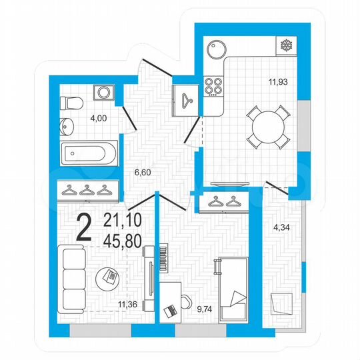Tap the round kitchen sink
click(x=217, y=49)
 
